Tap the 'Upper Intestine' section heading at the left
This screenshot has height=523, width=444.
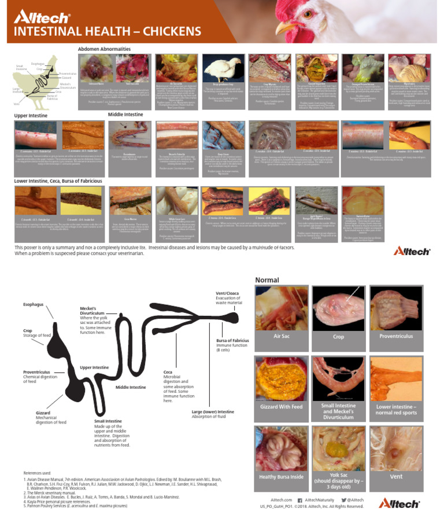tap(32, 116)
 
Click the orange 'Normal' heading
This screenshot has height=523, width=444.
tap(267, 280)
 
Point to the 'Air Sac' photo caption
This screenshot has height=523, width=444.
tap(282, 336)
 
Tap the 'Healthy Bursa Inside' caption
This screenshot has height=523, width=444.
tap(282, 477)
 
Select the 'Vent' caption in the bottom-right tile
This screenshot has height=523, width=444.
tap(397, 477)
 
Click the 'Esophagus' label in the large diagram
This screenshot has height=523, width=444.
tap(33, 304)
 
